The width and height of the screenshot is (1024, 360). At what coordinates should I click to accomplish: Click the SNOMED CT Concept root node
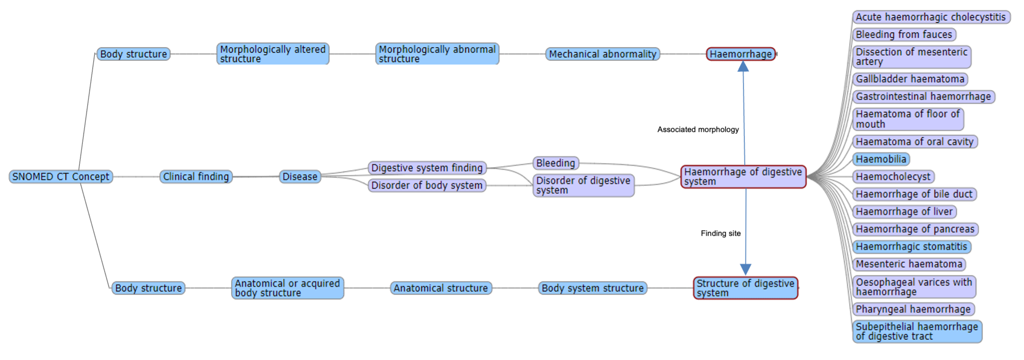[61, 176]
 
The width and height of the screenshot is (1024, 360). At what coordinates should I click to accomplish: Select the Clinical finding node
[196, 176]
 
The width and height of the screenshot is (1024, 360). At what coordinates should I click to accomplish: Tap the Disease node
[299, 176]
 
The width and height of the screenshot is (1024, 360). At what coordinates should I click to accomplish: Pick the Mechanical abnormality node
[602, 54]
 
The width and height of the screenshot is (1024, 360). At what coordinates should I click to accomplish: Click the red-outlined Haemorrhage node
[740, 54]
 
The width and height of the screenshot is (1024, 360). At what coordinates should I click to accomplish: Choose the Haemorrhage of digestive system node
[743, 176]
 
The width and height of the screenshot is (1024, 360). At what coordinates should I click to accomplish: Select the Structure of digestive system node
[745, 288]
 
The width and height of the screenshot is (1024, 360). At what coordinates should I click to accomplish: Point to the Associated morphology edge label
[698, 129]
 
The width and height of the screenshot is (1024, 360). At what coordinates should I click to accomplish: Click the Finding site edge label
[720, 233]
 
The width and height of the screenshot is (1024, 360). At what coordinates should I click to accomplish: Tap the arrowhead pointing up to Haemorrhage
[743, 67]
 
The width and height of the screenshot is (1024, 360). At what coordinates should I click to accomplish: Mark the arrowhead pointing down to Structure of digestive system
[745, 269]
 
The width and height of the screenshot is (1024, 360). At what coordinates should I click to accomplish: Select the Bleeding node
[555, 163]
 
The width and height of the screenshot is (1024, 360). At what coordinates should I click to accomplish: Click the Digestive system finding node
[426, 168]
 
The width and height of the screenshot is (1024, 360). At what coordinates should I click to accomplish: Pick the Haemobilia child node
[881, 159]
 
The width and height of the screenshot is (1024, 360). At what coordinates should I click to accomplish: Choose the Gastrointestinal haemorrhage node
[923, 97]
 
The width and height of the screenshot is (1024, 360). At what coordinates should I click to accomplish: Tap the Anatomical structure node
[440, 288]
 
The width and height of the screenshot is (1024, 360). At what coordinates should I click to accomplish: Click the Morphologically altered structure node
[273, 54]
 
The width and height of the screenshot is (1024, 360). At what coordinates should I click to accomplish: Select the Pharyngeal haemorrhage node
[913, 309]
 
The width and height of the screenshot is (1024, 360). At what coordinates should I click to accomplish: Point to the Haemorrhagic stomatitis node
[911, 247]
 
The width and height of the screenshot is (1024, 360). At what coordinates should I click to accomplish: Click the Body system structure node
[592, 288]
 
